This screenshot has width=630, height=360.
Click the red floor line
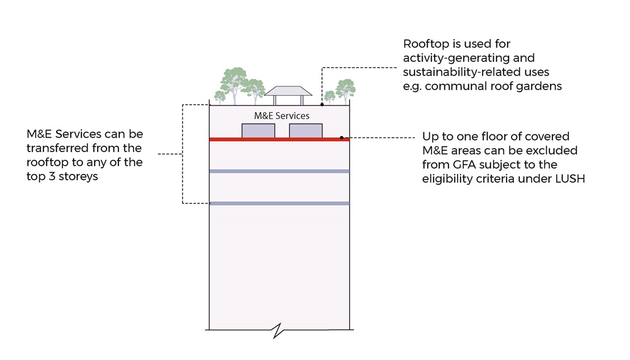tap(277, 139)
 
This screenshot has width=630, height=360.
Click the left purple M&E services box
tap(258, 131)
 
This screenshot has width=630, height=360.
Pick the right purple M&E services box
tap(306, 131)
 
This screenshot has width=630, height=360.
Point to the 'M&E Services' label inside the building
tap(282, 116)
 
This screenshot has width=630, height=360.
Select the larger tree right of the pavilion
tap(345, 89)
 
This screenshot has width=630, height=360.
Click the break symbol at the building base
tap(279, 330)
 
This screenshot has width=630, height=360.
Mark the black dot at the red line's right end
tap(342, 137)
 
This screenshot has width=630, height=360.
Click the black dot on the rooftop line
tap(322, 104)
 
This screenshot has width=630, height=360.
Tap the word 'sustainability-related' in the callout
tap(454, 72)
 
